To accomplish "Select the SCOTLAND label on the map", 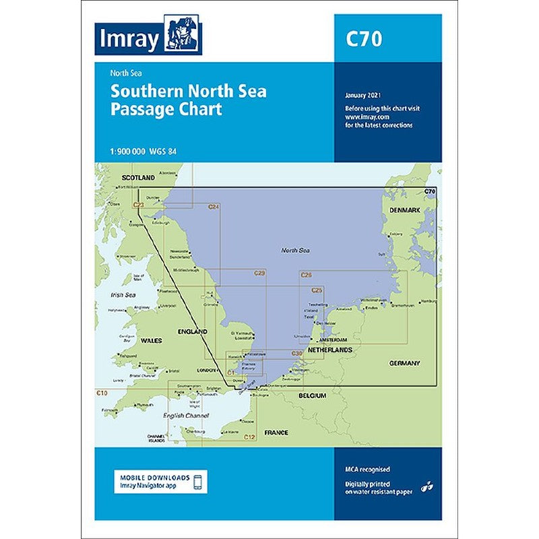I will click(x=138, y=178).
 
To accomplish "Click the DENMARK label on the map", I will click(x=405, y=210).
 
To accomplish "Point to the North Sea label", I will click(x=295, y=250).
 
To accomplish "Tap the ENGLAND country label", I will click(x=192, y=332).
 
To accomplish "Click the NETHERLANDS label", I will click(x=330, y=351).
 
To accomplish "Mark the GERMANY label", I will click(x=404, y=364).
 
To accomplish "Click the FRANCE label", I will click(x=276, y=433).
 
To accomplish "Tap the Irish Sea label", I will click(x=123, y=295).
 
